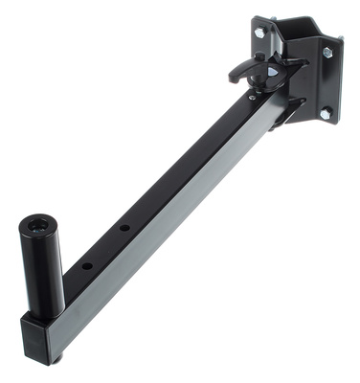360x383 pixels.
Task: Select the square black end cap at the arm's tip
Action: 40,336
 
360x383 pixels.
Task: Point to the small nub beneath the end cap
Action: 58,359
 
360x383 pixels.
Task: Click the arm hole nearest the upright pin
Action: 86,264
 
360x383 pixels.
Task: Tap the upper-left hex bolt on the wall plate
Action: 260,33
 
